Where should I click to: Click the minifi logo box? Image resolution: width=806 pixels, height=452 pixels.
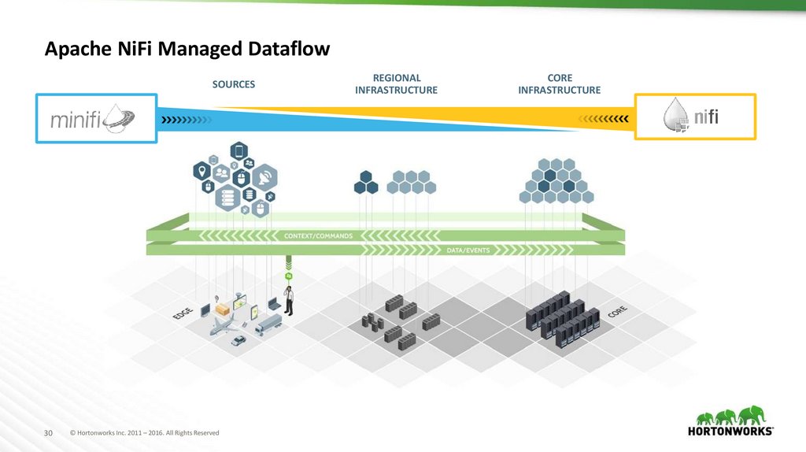pyautogui.click(x=96, y=118)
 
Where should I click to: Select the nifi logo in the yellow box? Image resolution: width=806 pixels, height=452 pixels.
pyautogui.click(x=690, y=117)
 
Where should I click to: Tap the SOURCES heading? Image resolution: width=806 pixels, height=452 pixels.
pyautogui.click(x=233, y=84)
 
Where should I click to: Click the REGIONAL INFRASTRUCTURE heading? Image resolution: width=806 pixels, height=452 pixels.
pyautogui.click(x=397, y=83)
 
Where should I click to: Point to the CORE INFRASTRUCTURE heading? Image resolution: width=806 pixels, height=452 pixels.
pyautogui.click(x=560, y=83)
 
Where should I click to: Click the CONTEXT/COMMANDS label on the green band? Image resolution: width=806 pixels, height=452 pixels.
pyautogui.click(x=318, y=236)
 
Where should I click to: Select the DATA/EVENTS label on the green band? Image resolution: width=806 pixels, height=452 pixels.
pyautogui.click(x=468, y=250)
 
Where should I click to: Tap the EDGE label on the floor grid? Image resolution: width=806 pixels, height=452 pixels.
pyautogui.click(x=183, y=313)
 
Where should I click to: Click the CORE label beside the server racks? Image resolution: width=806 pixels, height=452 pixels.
pyautogui.click(x=617, y=312)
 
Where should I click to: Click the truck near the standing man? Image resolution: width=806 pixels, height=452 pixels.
pyautogui.click(x=268, y=325)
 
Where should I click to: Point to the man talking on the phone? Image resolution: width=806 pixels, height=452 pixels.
pyautogui.click(x=289, y=300)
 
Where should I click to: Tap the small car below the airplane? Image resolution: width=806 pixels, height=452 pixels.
pyautogui.click(x=238, y=340)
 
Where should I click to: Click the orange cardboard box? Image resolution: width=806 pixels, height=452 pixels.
pyautogui.click(x=223, y=309)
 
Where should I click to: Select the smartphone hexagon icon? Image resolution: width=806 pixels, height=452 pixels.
pyautogui.click(x=239, y=151)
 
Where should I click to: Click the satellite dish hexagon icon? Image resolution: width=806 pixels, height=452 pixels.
pyautogui.click(x=265, y=178)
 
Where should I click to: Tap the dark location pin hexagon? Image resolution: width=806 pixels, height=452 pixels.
pyautogui.click(x=202, y=171)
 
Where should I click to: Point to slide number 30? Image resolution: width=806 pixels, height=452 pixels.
pyautogui.click(x=48, y=433)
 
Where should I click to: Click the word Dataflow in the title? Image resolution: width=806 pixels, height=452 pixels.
pyautogui.click(x=289, y=49)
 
